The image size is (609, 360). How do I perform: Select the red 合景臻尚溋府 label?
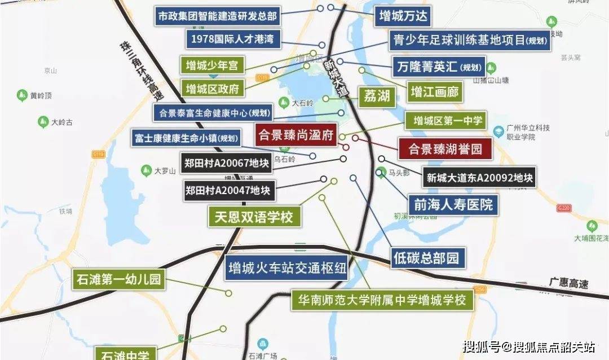tap(296, 135)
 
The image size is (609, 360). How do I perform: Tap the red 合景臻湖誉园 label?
tap(445, 149)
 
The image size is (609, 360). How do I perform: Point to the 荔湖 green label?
tap(376, 96)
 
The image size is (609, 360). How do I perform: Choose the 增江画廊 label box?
tap(434, 91)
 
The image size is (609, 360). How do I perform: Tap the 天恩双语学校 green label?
tap(254, 217)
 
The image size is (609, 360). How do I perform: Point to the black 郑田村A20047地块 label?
tap(228, 190)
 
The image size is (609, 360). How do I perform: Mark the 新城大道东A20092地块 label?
tap(479, 178)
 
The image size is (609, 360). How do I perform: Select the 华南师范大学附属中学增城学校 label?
tap(382, 300)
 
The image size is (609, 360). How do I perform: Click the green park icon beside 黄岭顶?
tap(23, 94)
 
